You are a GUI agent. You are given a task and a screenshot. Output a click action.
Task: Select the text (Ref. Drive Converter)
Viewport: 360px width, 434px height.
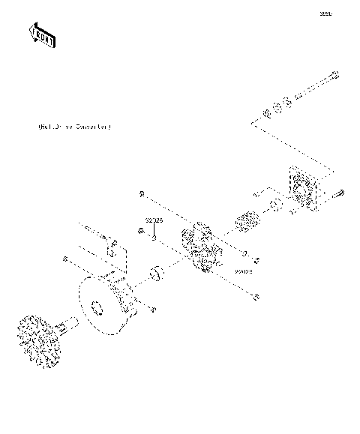(x=73, y=127)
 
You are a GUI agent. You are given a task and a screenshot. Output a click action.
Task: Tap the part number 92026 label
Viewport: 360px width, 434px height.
(x=154, y=222)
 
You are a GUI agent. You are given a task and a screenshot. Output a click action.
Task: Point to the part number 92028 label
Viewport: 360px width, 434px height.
(x=244, y=271)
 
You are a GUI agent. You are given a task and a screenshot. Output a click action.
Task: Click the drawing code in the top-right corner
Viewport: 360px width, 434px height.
(x=325, y=13)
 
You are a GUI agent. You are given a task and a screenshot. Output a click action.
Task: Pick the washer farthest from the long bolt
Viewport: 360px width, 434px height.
(x=266, y=115)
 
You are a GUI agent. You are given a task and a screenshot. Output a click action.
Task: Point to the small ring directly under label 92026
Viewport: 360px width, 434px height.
(x=153, y=241)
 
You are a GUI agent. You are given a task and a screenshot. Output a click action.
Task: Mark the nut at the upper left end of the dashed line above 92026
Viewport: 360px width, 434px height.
(x=142, y=195)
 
